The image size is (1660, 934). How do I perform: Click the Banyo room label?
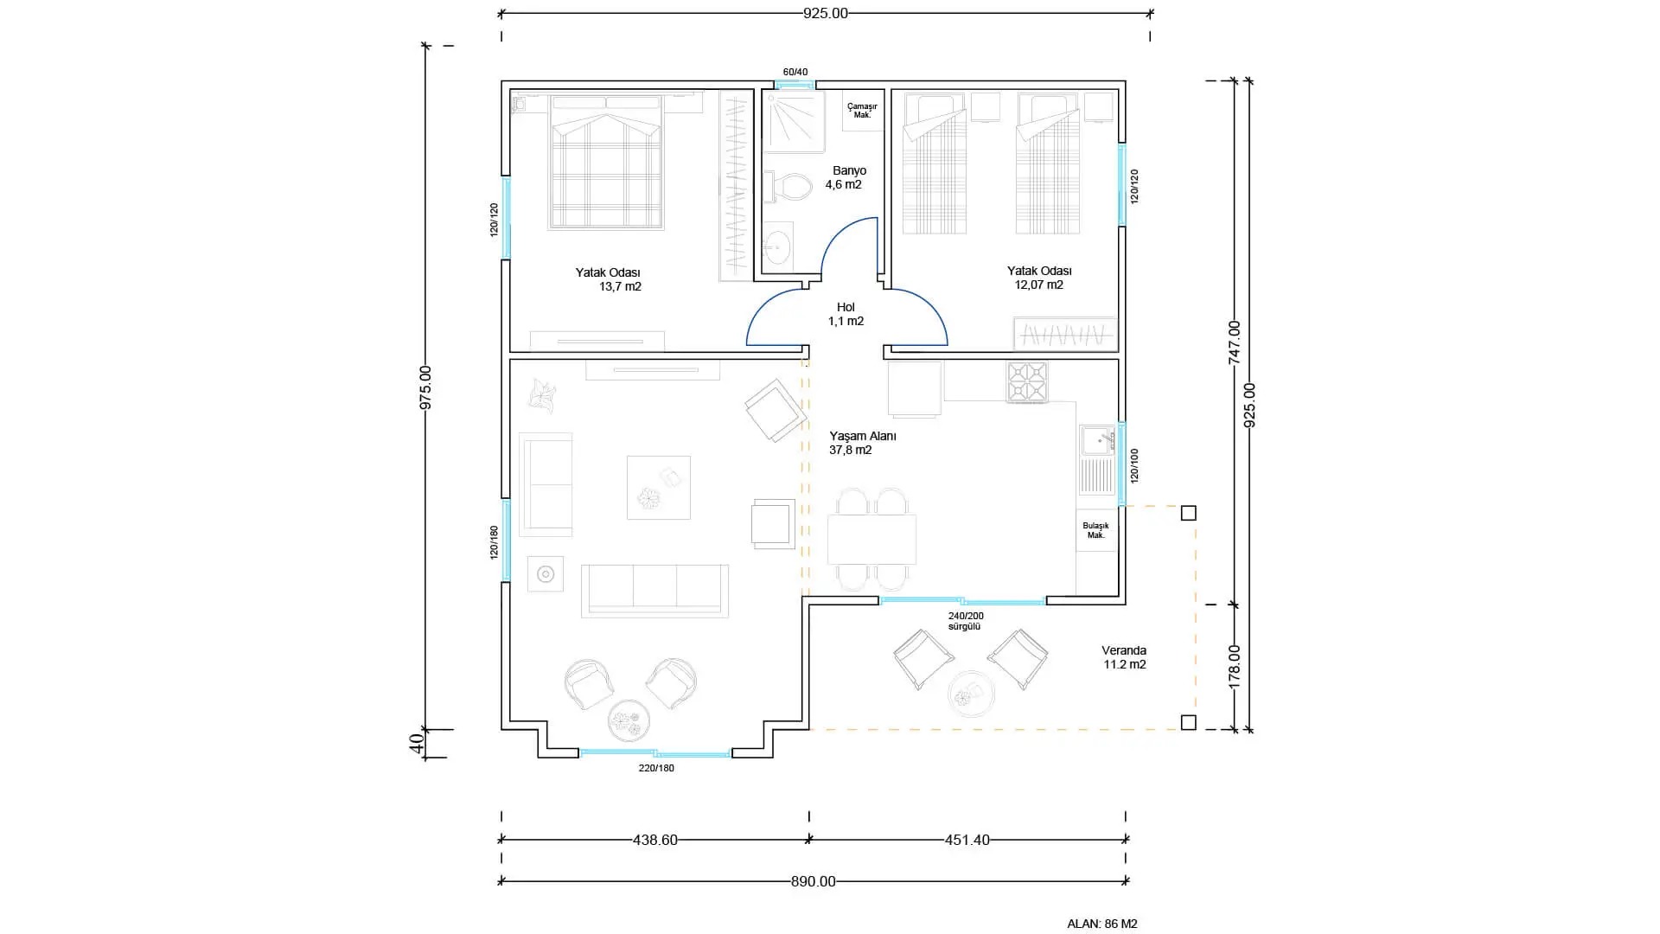point(849,170)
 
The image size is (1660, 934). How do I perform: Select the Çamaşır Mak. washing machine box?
point(862,111)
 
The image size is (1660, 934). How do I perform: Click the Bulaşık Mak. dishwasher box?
point(1096,530)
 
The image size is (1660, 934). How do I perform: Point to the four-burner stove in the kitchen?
point(1027,382)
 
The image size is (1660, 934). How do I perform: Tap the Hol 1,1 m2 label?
point(846,314)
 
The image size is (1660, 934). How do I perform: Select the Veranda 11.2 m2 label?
point(1124,657)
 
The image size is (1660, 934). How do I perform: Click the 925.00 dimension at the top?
point(826,13)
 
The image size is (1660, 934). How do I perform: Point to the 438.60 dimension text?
point(655,840)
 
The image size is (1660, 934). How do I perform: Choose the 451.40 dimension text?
point(967,840)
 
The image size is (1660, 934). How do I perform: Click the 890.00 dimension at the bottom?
point(814,882)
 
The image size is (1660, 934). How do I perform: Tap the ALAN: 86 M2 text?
point(1102,924)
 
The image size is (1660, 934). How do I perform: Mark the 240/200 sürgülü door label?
point(966,621)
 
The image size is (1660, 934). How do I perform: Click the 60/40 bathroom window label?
point(795,72)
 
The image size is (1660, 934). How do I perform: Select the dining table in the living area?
point(871,540)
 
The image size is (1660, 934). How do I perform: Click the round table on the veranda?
point(972,694)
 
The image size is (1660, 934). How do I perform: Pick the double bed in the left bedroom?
point(606,162)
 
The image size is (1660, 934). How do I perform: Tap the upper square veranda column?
point(1189,513)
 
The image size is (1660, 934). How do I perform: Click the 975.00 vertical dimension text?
point(425,387)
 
